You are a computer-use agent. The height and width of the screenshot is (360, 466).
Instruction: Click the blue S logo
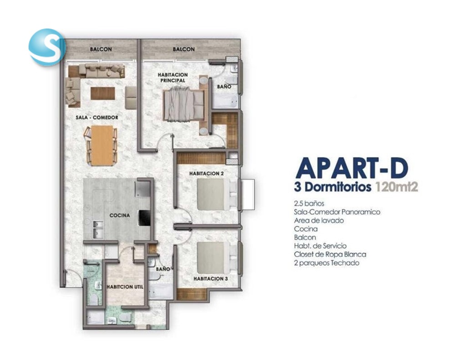click(x=47, y=47)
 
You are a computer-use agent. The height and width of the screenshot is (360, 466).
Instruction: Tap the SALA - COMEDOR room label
click(x=97, y=117)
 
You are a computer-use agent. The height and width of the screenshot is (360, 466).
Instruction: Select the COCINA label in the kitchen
click(x=120, y=215)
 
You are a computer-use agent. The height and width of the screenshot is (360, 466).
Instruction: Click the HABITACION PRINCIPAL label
click(x=172, y=77)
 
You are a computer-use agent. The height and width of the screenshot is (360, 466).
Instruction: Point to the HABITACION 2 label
click(x=206, y=173)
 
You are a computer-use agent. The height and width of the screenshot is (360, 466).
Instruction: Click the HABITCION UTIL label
click(x=125, y=287)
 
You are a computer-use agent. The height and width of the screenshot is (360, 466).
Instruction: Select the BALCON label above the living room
click(x=101, y=49)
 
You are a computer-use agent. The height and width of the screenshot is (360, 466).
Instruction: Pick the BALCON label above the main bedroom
click(x=184, y=49)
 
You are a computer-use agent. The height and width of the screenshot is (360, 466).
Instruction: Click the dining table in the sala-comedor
click(x=102, y=145)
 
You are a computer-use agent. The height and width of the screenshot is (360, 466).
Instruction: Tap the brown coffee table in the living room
click(x=103, y=93)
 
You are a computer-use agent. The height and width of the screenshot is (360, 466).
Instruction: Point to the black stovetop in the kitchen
click(x=144, y=218)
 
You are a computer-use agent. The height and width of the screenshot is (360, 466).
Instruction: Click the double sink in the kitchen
click(x=98, y=229)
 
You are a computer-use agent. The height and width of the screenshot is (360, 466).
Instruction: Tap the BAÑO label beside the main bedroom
click(x=224, y=87)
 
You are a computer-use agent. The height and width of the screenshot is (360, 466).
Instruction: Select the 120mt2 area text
click(x=397, y=188)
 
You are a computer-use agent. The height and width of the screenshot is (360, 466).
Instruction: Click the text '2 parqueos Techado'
click(x=327, y=263)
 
